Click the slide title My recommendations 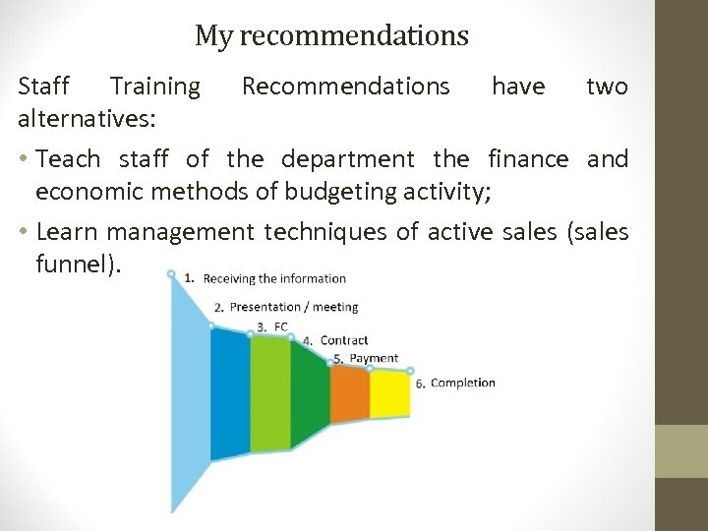pos(331,36)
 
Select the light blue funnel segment pos(191,393)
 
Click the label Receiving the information pos(274,278)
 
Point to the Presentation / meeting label pos(293,307)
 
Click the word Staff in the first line pos(44,87)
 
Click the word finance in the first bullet pos(528,158)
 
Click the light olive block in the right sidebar pos(681,451)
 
